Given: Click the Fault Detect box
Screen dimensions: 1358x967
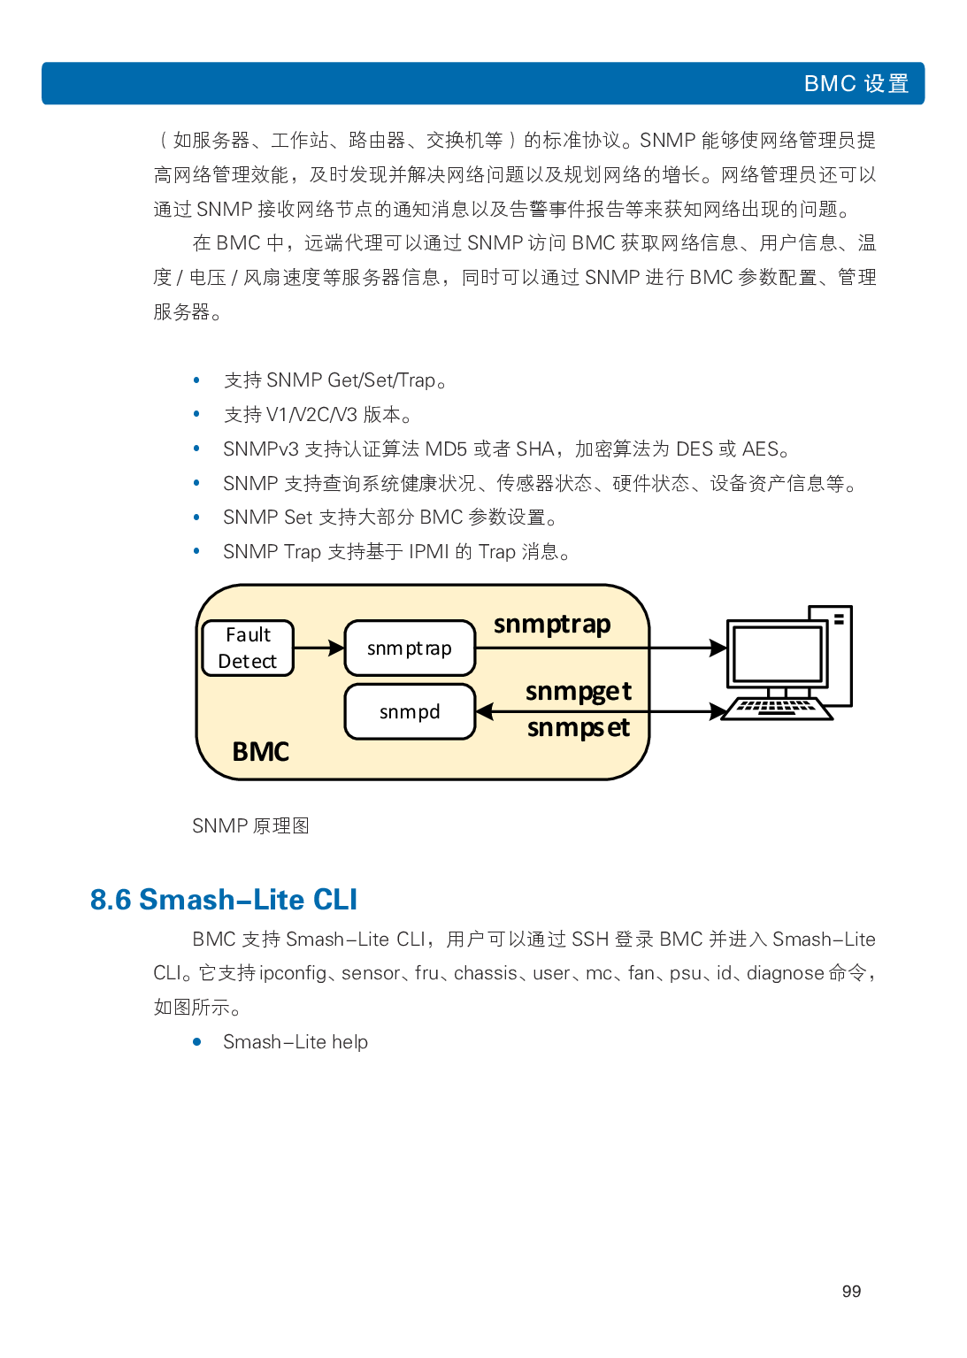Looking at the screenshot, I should point(248,648).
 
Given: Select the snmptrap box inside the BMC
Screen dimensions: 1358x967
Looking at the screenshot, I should point(410,648).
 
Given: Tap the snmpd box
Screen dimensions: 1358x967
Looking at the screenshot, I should point(410,711).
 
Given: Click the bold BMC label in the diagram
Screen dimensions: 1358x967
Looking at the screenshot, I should point(260,751).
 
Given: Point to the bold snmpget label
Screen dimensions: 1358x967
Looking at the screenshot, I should point(579,691).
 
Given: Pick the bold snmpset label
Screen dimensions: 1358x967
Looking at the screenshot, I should point(579,728).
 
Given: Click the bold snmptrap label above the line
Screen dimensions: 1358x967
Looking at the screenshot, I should point(552,625).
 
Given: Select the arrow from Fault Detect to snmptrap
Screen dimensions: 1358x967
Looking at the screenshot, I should point(318,648).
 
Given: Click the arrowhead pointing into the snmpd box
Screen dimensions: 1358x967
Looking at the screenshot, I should point(485,711).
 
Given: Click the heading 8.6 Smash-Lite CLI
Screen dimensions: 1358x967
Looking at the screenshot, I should point(224,900).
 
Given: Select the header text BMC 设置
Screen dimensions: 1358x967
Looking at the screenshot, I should point(856,84).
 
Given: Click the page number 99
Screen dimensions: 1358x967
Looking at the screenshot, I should point(851,1292).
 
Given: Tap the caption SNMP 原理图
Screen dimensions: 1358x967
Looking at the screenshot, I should point(250,826).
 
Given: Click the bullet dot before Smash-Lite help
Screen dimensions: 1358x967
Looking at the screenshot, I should point(196,1042).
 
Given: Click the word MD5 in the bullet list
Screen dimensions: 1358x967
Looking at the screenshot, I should point(446,449).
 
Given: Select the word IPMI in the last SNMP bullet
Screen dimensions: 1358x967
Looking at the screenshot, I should point(429,552).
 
